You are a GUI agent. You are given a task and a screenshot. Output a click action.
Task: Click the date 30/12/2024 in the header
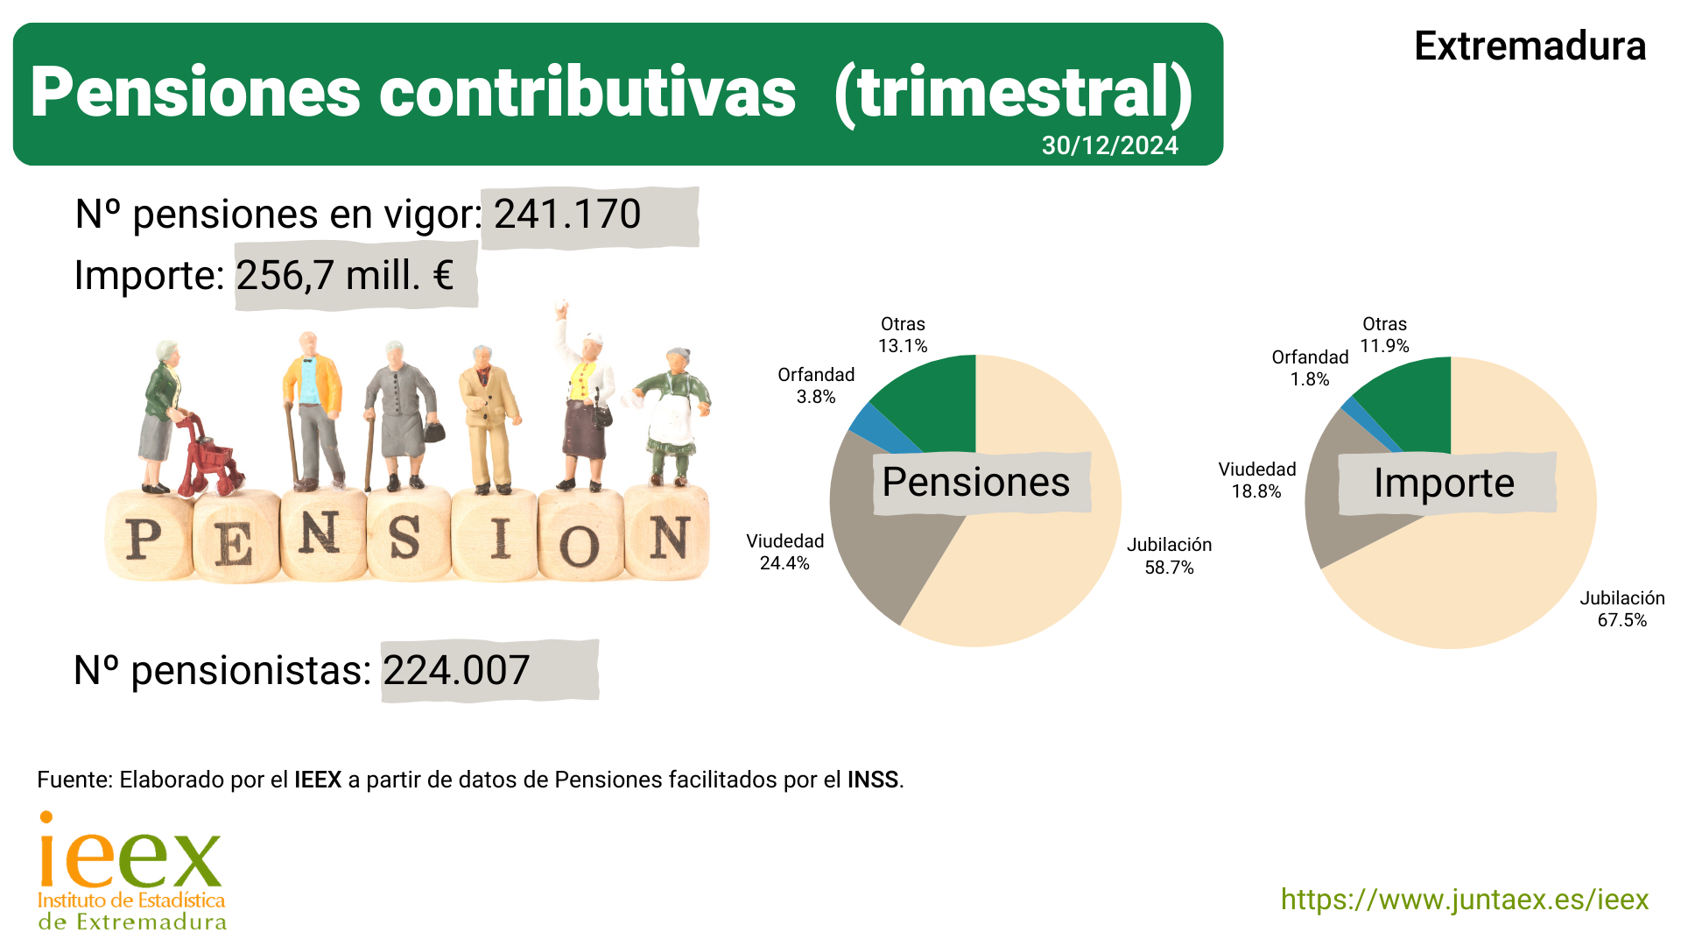pyautogui.click(x=1109, y=145)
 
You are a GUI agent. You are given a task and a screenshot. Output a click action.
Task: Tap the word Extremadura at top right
pyautogui.click(x=1530, y=46)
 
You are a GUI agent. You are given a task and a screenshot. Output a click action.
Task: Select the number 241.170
pyautogui.click(x=567, y=215)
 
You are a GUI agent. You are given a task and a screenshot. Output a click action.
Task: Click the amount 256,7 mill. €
pyautogui.click(x=345, y=276)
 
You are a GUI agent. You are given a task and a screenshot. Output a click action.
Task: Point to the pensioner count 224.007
pyautogui.click(x=456, y=671)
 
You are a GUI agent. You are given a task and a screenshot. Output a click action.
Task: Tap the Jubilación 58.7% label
pyautogui.click(x=1169, y=556)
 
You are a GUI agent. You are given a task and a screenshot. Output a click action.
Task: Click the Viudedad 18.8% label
pyautogui.click(x=1256, y=480)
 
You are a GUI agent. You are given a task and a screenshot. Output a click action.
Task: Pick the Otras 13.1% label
pyautogui.click(x=903, y=335)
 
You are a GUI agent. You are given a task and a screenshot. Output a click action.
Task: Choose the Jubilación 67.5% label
pyautogui.click(x=1621, y=609)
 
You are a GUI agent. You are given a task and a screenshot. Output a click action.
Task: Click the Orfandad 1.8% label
pyautogui.click(x=1310, y=368)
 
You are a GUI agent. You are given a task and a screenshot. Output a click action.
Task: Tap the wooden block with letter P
pyautogui.click(x=145, y=537)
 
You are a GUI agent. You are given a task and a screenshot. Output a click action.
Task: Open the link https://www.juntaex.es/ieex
pyautogui.click(x=1464, y=900)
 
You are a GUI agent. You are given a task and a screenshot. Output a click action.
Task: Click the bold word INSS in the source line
pyautogui.click(x=872, y=780)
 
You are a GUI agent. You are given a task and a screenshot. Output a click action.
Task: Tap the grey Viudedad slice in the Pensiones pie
pyautogui.click(x=884, y=534)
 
